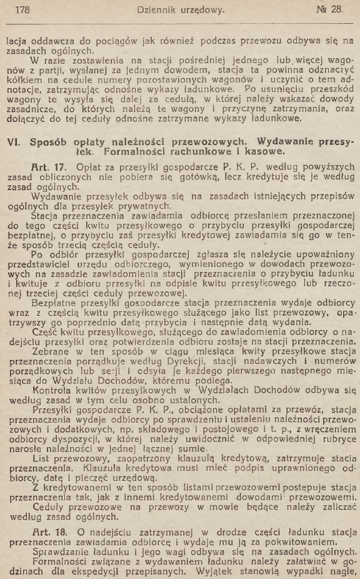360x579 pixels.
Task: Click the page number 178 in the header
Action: point(22,9)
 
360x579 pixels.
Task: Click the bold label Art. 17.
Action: point(50,170)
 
